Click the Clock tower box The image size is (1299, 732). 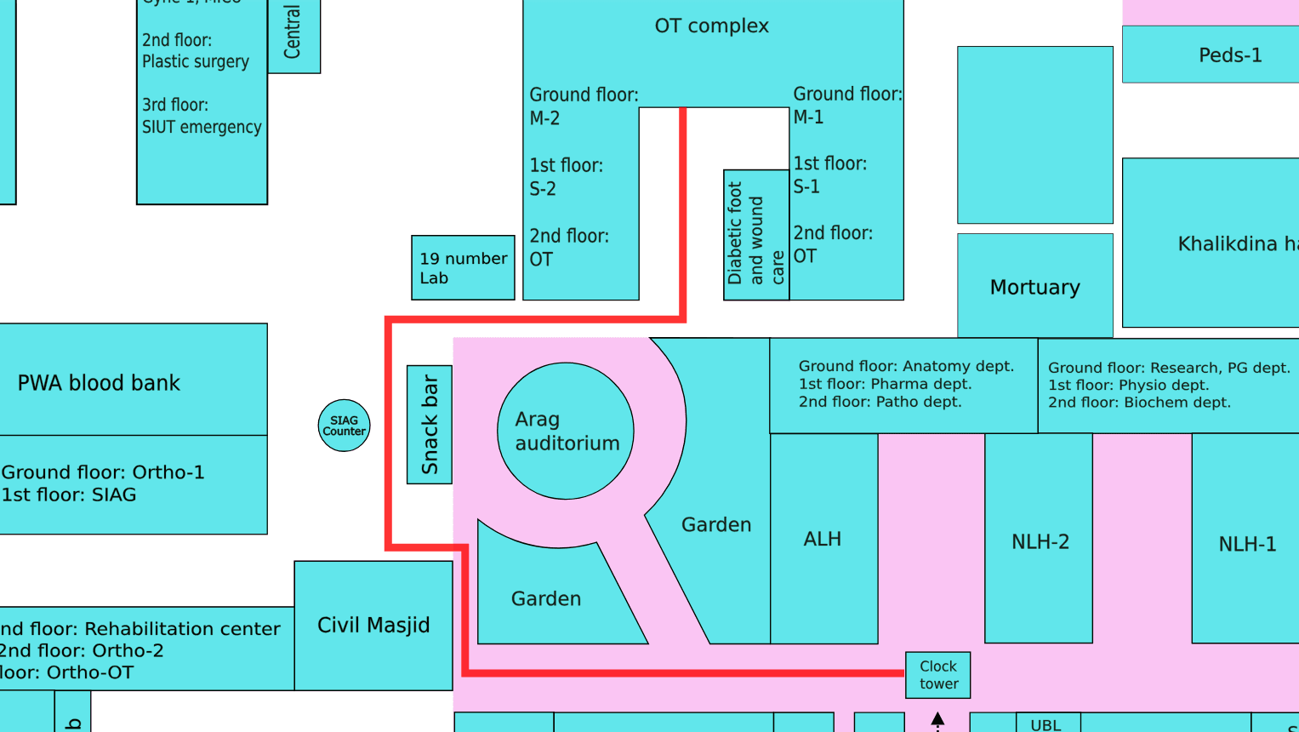point(937,675)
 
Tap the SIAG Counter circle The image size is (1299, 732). point(344,426)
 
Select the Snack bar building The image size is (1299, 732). point(430,425)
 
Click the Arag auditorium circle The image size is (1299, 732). point(566,431)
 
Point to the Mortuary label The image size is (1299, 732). point(1034,288)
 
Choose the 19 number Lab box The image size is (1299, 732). point(463,267)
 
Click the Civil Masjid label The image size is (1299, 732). point(373,625)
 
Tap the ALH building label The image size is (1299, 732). point(823,539)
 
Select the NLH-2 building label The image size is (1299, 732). point(1040,541)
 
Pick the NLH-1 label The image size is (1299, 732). point(1247,544)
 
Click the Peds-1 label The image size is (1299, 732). point(1230,55)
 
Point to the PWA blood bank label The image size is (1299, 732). point(99,383)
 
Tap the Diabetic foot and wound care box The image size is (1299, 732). point(756,235)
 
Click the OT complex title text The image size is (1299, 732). point(711,26)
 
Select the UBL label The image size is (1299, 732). point(1045,725)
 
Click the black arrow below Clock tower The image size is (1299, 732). point(937,720)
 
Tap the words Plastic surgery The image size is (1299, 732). point(196,61)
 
